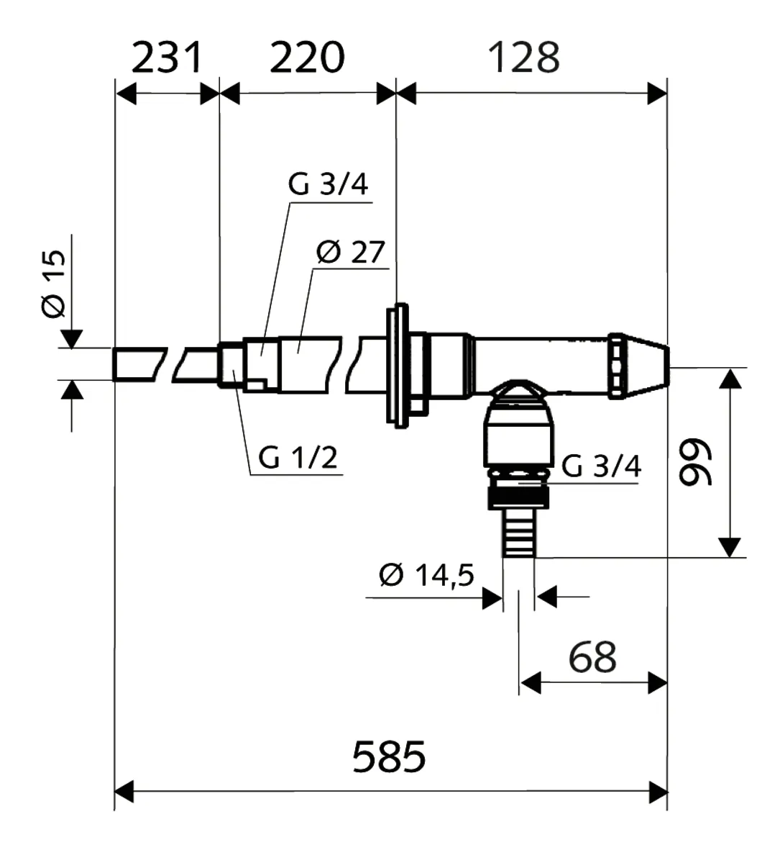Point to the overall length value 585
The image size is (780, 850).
(389, 756)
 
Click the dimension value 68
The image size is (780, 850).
(592, 656)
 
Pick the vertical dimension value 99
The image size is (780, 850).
(694, 463)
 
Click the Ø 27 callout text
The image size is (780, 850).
(351, 253)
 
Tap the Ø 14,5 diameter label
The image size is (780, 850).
(426, 575)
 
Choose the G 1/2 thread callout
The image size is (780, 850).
(297, 457)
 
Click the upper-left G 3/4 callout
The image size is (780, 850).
(328, 185)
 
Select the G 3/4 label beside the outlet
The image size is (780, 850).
(601, 466)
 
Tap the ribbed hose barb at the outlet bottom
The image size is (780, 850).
(518, 533)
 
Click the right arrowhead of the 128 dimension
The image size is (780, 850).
(657, 94)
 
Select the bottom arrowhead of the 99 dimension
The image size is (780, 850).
(730, 547)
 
